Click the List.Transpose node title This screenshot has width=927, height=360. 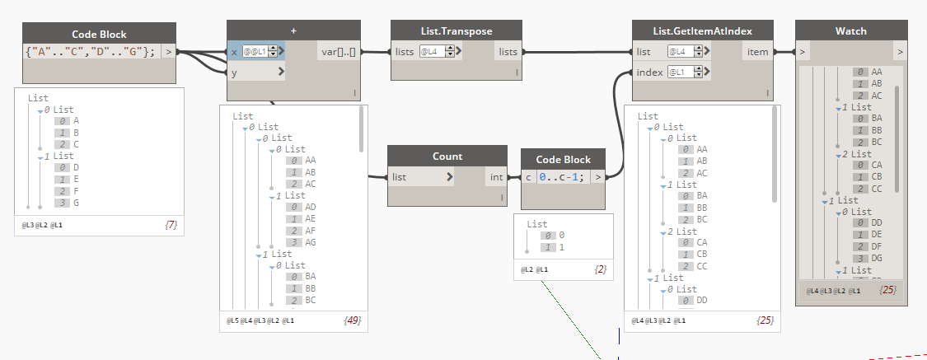pos(451,31)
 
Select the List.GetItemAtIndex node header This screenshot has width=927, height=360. pos(702,31)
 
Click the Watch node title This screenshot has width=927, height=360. pos(850,31)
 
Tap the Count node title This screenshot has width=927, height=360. pos(447,156)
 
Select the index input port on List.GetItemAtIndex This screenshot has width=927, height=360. pos(649,72)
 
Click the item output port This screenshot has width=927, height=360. pos(757,52)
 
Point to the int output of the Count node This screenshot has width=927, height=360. pos(496,176)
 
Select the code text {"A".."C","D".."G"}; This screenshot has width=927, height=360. pos(91,52)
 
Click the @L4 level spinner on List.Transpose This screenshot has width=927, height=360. pos(438,52)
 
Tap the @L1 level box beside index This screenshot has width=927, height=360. pos(684,72)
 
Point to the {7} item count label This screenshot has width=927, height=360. pos(172,223)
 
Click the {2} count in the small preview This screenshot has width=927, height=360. pos(602,269)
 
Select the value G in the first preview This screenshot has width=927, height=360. pos(77,203)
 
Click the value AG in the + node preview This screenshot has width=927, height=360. pos(311,242)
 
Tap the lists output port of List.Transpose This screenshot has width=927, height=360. pos(507,52)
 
